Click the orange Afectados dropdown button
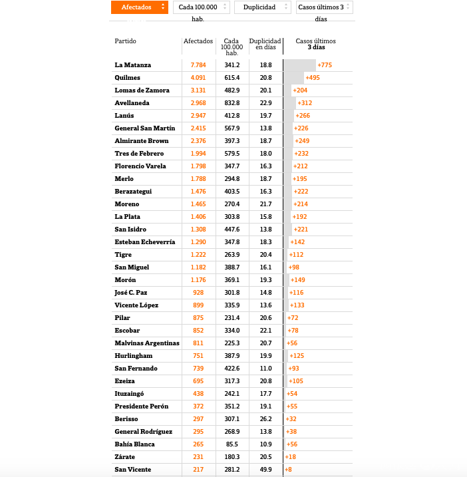point(139,7)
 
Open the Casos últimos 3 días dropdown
point(324,7)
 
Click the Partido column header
point(125,41)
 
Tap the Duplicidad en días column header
point(265,44)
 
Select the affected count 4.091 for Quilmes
point(198,78)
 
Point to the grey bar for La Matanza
point(299,65)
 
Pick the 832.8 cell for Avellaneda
point(232,103)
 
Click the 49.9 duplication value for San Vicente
point(265,470)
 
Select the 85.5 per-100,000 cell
point(232,444)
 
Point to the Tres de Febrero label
point(139,154)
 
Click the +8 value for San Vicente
point(288,470)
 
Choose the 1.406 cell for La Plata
point(198,217)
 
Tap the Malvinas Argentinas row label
point(147,343)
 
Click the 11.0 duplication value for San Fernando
point(265,369)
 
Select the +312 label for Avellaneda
point(305,103)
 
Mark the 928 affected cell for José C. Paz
point(198,293)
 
